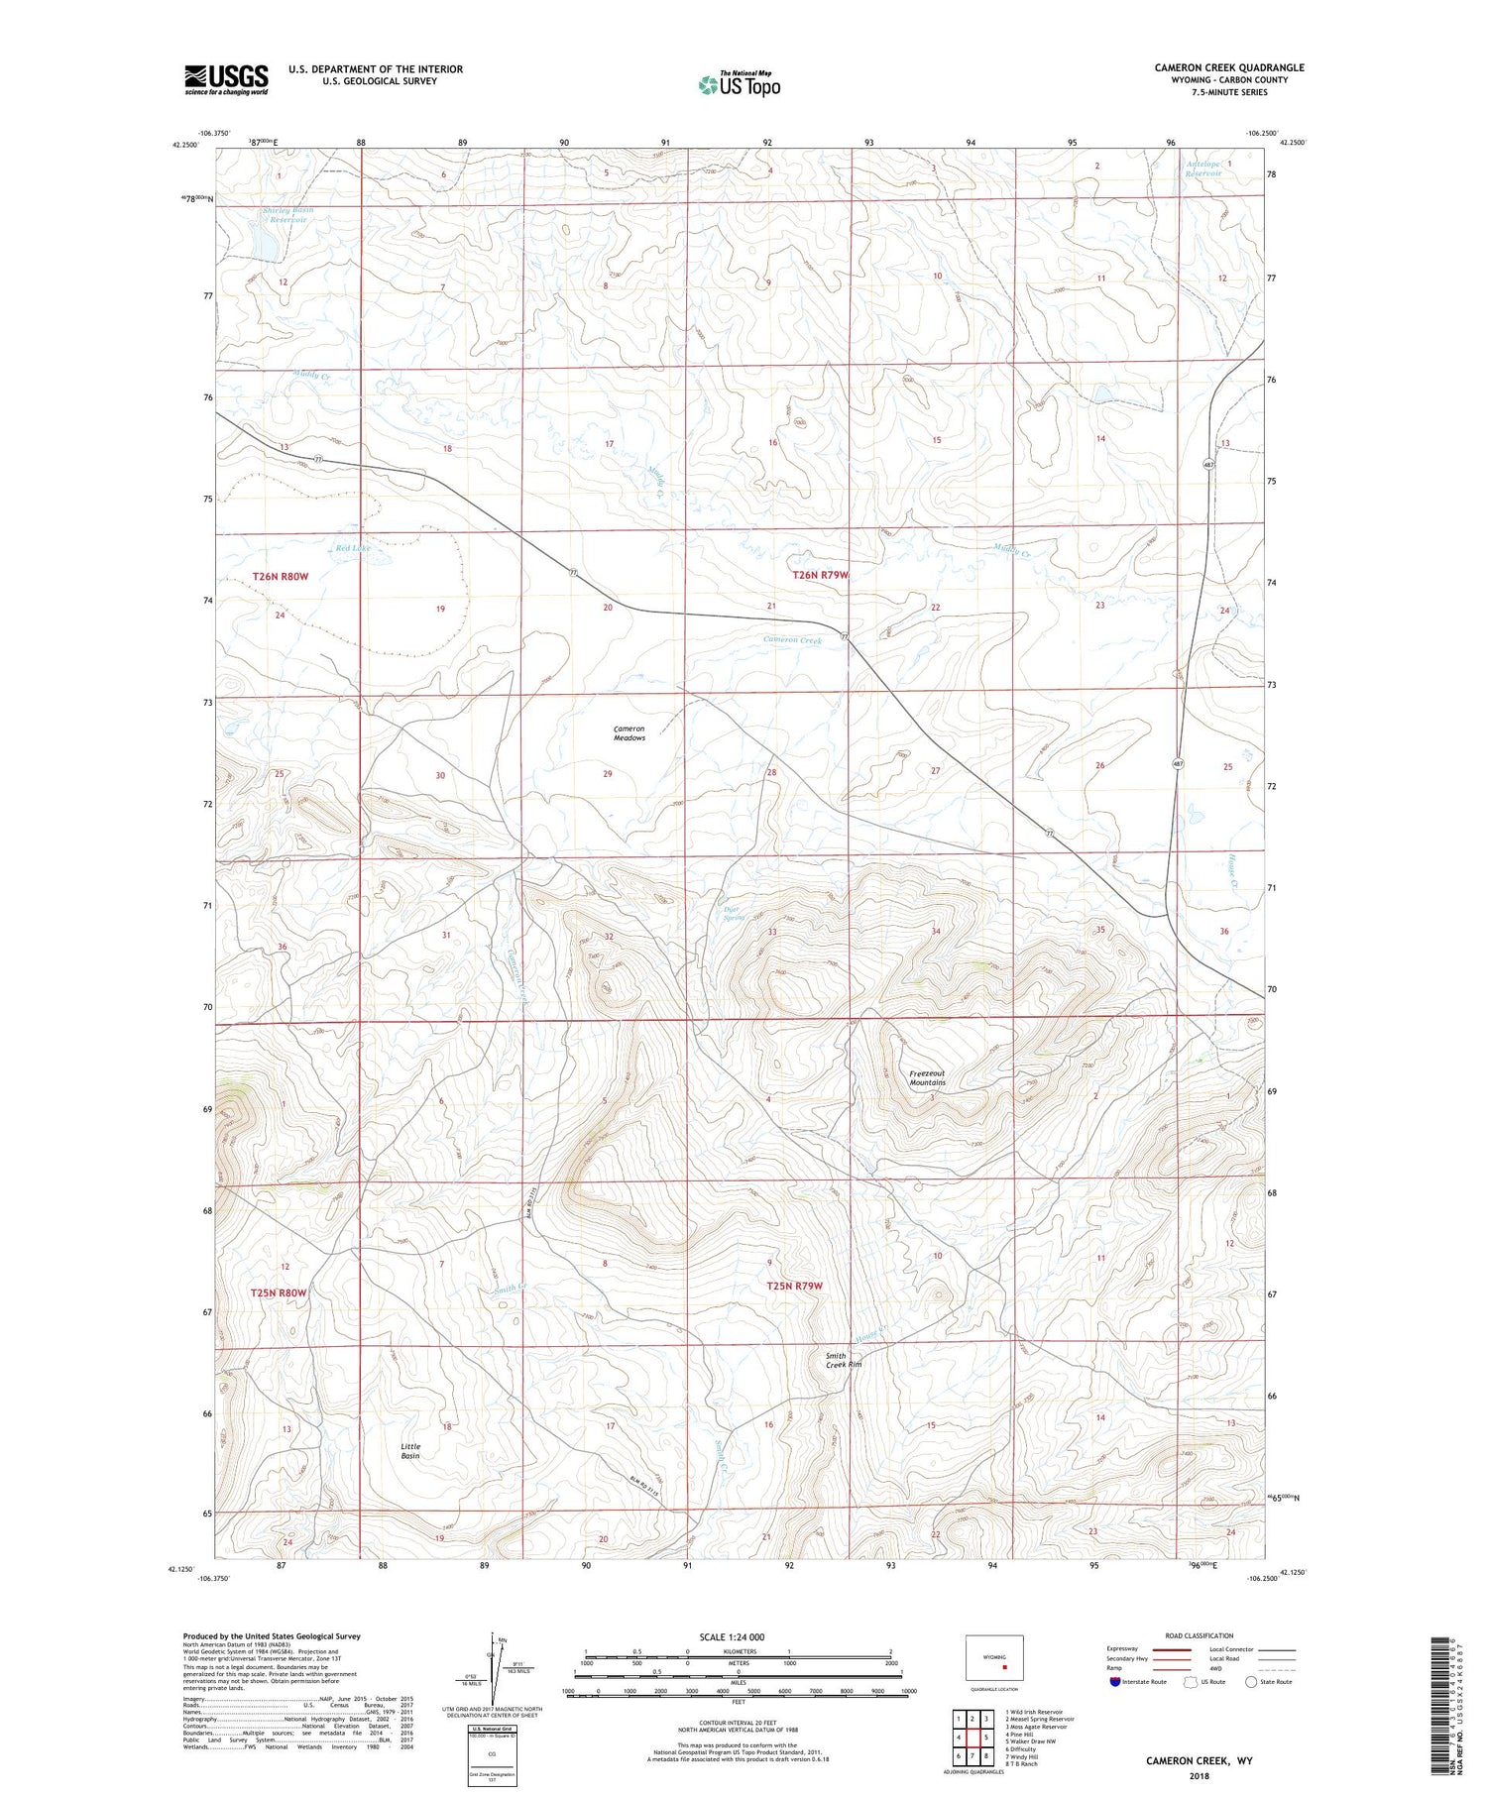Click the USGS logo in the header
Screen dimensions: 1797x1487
[x=226, y=79]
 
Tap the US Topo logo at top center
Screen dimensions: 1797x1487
[x=740, y=85]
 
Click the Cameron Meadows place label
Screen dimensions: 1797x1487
[x=629, y=733]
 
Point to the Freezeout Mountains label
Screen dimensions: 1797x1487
[x=928, y=1078]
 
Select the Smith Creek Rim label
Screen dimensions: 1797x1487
[x=845, y=1361]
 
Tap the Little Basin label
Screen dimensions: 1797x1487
[x=410, y=1451]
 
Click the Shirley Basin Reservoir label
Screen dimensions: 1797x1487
[x=286, y=215]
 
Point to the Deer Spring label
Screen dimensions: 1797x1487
[x=734, y=913]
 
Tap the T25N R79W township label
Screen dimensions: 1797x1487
[x=795, y=1286]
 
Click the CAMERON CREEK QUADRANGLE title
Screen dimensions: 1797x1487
[x=1228, y=67]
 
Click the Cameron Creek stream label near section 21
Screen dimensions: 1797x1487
[x=793, y=640]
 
